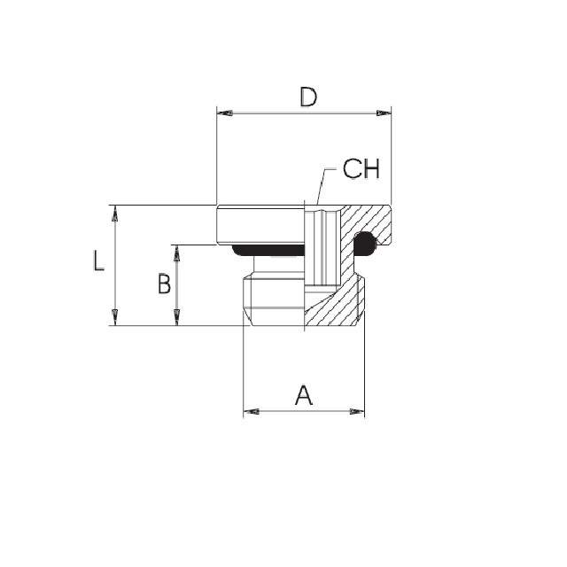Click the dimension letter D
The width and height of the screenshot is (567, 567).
point(308,97)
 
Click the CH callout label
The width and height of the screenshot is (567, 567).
point(361,168)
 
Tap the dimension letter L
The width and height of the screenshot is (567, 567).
point(98,260)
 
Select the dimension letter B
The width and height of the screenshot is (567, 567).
point(165,283)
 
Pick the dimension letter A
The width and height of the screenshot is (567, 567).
point(304,395)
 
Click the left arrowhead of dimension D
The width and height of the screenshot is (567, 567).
point(224,113)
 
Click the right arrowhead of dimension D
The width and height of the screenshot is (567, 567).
point(384,113)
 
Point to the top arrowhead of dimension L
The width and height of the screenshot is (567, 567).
point(115,213)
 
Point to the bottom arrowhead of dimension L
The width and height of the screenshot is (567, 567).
point(115,317)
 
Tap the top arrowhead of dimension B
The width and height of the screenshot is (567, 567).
point(177,252)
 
